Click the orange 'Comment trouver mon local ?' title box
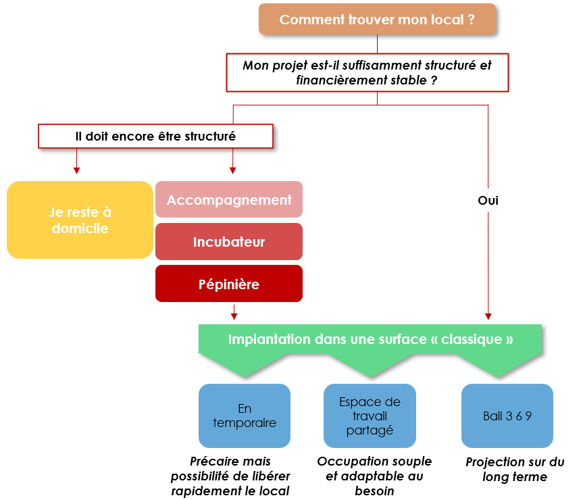pos(377,20)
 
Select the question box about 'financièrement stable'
pos(367,73)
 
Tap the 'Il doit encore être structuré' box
pos(155,136)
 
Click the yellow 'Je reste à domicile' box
pos(80,220)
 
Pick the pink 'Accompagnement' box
pos(229,200)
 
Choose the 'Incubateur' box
pos(229,242)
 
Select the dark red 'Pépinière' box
pos(229,284)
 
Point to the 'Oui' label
pos(488,201)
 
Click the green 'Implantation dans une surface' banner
pos(370,340)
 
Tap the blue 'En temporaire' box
pos(245,416)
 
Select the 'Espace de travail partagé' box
pos(370,416)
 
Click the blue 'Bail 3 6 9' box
pos(507,416)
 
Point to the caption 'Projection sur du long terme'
pos(515,470)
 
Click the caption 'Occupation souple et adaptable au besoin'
pos(374,476)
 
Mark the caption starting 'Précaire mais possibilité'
pos(230,476)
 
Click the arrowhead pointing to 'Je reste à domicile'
pos(77,170)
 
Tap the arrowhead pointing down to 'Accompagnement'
pos(233,170)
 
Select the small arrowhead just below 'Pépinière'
pos(234,315)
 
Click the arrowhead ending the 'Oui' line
pos(488,316)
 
